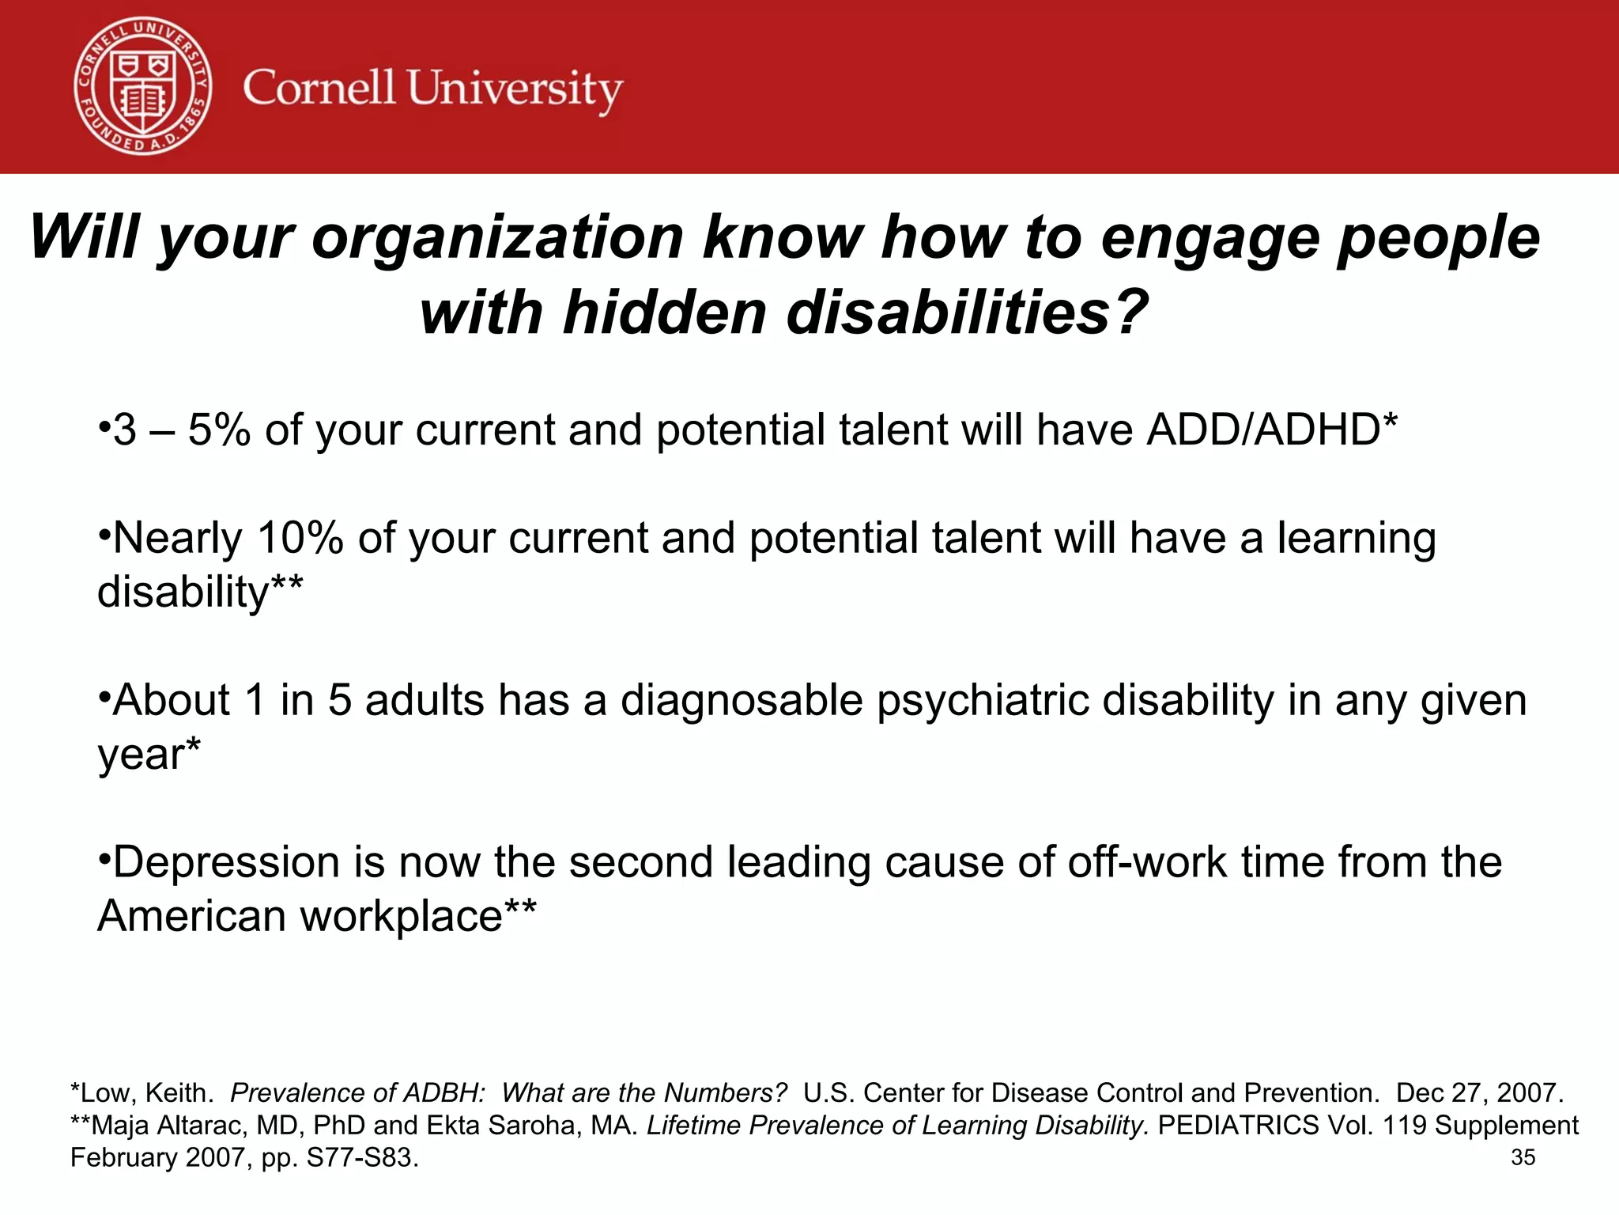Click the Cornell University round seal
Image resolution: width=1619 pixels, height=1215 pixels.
point(143,86)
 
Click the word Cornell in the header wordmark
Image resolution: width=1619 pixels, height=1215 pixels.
point(319,88)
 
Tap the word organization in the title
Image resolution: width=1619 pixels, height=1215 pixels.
point(497,237)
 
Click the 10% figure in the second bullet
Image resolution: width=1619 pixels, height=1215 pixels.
point(300,538)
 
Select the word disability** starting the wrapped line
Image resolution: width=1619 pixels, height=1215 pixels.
point(200,592)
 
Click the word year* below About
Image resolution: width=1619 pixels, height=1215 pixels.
point(149,754)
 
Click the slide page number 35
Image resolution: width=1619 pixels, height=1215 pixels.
point(1523,1157)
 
